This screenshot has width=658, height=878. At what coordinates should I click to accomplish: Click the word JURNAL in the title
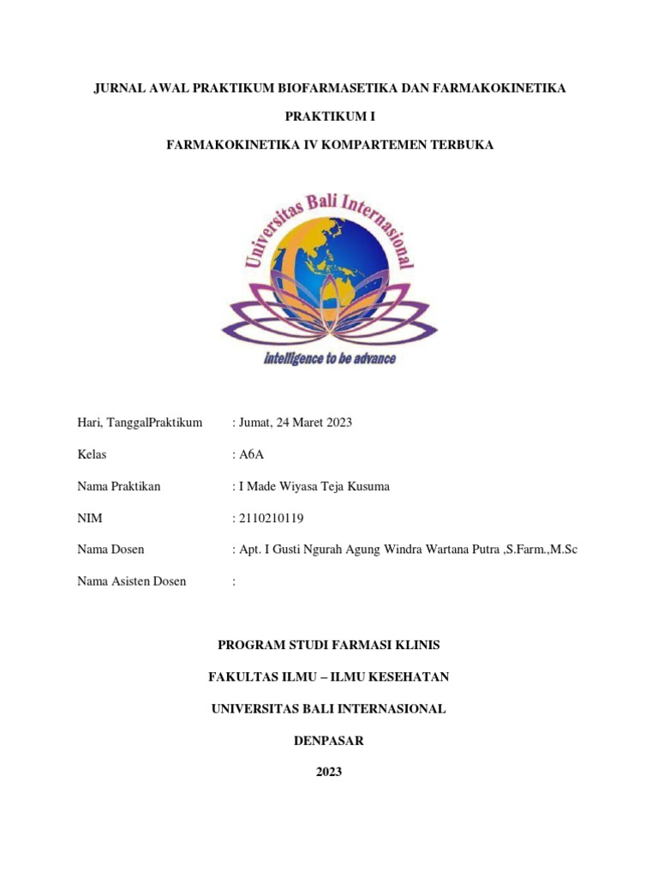point(119,88)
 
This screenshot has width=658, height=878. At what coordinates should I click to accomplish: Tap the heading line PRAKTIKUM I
point(329,117)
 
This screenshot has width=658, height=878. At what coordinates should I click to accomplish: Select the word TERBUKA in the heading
point(460,145)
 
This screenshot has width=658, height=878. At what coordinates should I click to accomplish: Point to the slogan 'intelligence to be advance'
point(329,358)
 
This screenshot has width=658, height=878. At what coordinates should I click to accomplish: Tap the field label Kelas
point(92,454)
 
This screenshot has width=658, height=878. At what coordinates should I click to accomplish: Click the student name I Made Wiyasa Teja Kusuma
point(314,486)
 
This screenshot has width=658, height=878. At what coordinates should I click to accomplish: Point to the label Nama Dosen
point(111,550)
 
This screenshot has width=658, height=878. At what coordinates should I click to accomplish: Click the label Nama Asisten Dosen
point(131,581)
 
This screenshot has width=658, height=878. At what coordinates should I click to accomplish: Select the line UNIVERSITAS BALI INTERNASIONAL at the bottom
point(329,709)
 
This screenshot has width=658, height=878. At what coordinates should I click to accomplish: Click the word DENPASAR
point(329,741)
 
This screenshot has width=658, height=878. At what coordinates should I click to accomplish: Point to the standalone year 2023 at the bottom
point(329,773)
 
